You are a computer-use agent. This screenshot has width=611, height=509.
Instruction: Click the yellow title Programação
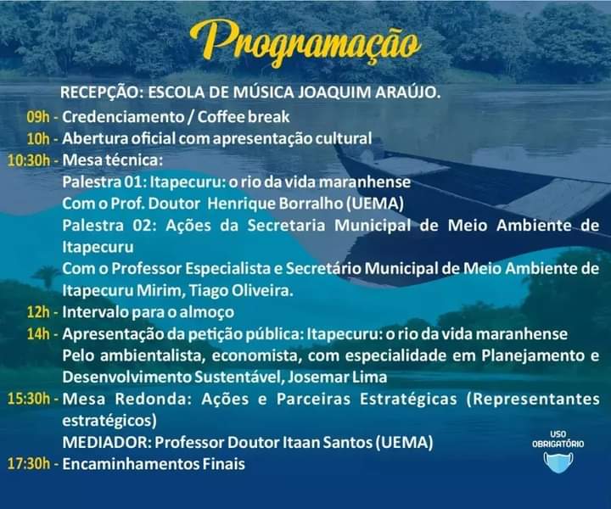point(305,43)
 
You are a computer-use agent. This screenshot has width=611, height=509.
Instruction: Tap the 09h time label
point(38,117)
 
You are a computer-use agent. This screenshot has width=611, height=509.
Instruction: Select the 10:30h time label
point(29,160)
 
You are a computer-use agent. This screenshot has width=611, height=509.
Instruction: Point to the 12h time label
point(38,312)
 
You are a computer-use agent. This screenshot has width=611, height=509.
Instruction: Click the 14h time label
point(38,334)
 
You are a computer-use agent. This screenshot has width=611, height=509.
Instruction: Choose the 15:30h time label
point(29,399)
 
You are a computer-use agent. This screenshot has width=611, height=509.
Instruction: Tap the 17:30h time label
point(29,464)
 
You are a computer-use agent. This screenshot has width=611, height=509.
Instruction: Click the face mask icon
point(558,462)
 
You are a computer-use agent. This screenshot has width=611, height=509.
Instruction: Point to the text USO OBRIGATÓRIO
point(558,439)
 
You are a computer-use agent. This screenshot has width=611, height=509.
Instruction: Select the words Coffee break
point(244,117)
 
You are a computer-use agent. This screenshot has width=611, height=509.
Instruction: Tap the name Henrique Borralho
point(275,204)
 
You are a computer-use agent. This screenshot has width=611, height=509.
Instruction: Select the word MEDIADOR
point(106,442)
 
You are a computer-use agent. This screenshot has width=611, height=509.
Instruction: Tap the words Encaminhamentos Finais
point(154,464)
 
